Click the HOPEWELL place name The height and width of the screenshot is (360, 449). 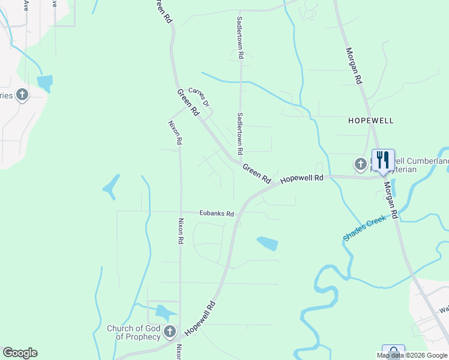[x=371, y=121]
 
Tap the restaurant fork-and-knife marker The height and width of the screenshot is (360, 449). [x=383, y=160]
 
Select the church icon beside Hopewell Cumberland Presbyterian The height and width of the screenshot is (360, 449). [x=361, y=163]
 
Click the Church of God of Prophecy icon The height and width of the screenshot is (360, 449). [x=170, y=331]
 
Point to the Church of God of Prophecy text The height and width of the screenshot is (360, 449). [x=133, y=332]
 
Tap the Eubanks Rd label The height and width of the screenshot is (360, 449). [x=217, y=214]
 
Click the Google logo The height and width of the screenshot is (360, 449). [x=20, y=353]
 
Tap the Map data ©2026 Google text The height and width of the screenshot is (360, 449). [x=412, y=355]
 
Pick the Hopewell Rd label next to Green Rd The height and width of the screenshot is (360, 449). [x=302, y=179]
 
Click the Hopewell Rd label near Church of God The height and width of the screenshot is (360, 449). [x=200, y=317]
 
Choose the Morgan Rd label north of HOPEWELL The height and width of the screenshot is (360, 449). [x=354, y=67]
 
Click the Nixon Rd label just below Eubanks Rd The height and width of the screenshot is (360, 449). [x=179, y=230]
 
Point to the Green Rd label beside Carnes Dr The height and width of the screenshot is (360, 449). [x=188, y=103]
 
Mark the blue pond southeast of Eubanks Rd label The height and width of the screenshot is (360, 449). [x=268, y=242]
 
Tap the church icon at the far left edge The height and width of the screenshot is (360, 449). [x=22, y=95]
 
